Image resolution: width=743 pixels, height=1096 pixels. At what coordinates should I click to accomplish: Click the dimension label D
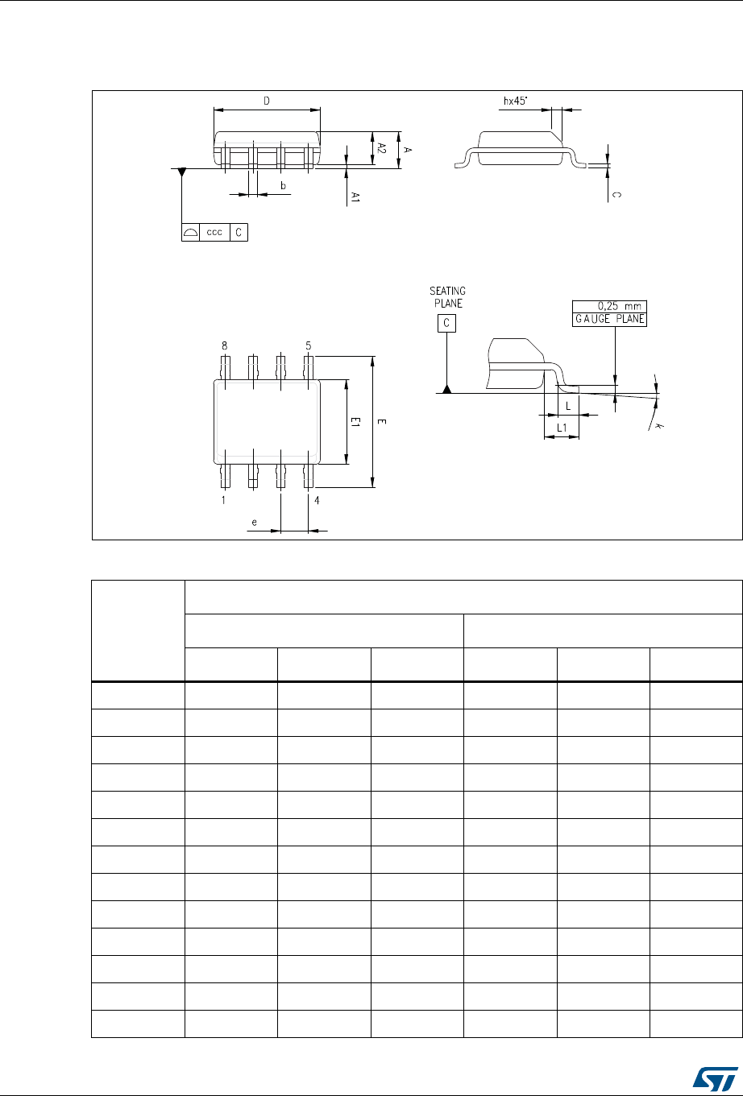(x=267, y=101)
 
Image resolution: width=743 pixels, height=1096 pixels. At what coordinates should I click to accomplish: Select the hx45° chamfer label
(x=515, y=101)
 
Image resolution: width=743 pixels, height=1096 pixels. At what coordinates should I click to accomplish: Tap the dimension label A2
(x=382, y=148)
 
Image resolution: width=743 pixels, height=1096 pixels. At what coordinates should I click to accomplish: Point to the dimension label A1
(x=355, y=197)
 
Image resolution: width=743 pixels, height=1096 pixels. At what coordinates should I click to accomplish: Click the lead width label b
(x=283, y=185)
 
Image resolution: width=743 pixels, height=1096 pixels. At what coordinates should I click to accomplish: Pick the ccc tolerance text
(x=214, y=232)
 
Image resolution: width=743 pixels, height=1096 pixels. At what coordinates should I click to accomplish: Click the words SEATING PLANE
(x=448, y=297)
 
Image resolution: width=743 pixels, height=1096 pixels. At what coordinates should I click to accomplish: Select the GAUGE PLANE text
(x=609, y=319)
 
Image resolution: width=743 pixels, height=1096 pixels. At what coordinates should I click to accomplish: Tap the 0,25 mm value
(x=619, y=306)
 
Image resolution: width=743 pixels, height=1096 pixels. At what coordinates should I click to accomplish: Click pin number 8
(x=224, y=346)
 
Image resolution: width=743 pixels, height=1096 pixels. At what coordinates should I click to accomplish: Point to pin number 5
(x=308, y=346)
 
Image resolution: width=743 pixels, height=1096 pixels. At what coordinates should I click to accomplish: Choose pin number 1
(x=223, y=500)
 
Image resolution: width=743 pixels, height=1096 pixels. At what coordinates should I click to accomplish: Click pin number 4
(x=317, y=500)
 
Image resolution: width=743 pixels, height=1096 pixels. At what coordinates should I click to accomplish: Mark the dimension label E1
(x=355, y=422)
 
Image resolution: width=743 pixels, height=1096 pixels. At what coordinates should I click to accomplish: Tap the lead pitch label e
(x=254, y=523)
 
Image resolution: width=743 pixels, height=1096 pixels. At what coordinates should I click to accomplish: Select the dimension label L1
(x=562, y=428)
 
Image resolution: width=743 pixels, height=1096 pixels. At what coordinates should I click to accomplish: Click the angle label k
(x=658, y=426)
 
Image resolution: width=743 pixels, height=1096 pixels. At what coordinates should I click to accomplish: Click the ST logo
(x=715, y=1078)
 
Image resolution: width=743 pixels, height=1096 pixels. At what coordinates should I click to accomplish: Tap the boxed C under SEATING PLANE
(x=446, y=323)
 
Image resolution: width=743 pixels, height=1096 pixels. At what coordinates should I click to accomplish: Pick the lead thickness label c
(x=616, y=195)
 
